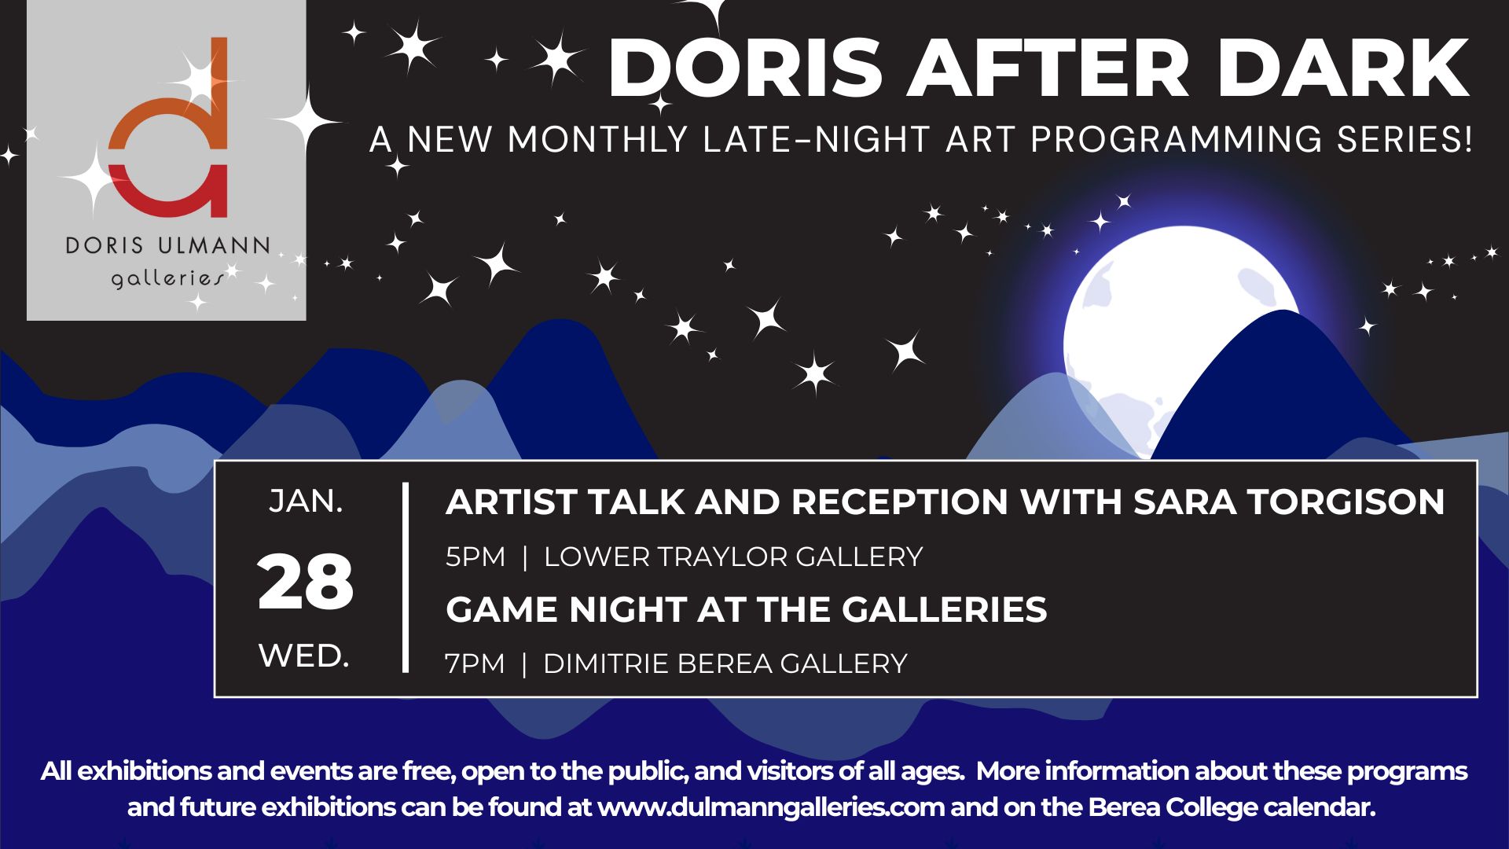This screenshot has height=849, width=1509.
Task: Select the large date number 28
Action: coord(306,583)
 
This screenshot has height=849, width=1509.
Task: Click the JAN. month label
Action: coord(306,501)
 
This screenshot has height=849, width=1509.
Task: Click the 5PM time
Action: coord(475,557)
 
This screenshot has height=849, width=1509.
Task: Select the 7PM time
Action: coord(475,663)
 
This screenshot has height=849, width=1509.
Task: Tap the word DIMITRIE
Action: coord(606,663)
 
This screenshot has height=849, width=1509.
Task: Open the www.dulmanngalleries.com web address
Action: coord(770,808)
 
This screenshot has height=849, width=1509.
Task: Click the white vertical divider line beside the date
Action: coord(406,578)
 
